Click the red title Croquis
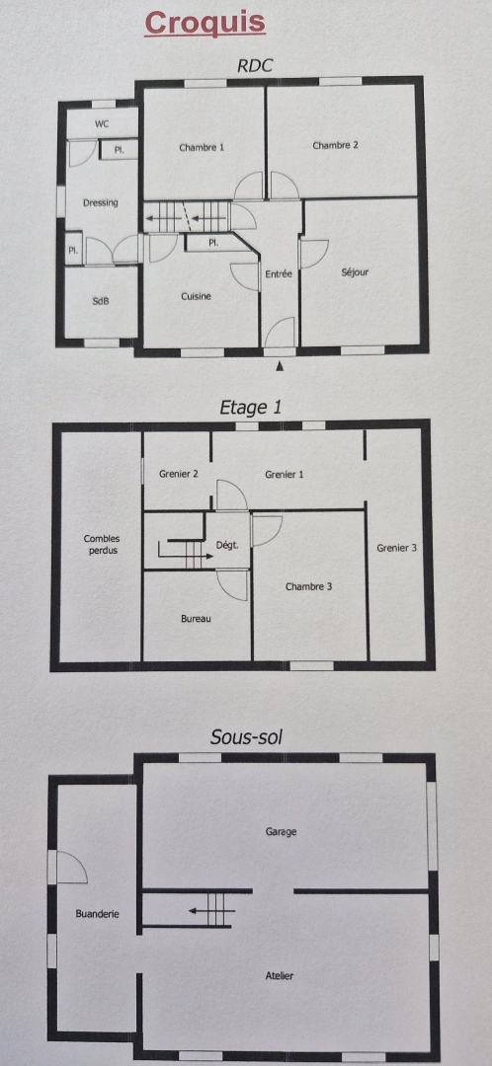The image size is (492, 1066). coord(205,23)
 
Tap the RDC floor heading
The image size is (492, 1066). coord(254,66)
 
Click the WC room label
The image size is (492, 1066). coord(102,124)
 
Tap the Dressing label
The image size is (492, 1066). coord(100,202)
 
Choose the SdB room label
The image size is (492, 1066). coord(100,301)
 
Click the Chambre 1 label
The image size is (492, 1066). coord(202,147)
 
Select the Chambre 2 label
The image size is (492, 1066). coord(335,145)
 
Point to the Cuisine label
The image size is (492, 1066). coord(196,296)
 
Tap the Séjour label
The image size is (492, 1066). coord(355,272)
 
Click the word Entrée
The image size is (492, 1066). coord(279,273)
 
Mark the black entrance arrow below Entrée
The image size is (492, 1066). coord(281,366)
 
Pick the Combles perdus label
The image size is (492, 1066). coord(101,544)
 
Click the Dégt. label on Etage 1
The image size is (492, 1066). coord(227,545)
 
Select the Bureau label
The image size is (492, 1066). coord(196,619)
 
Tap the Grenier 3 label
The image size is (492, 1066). coord(396,548)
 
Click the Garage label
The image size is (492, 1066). coord(281,831)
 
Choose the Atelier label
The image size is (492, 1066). coord(280,975)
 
